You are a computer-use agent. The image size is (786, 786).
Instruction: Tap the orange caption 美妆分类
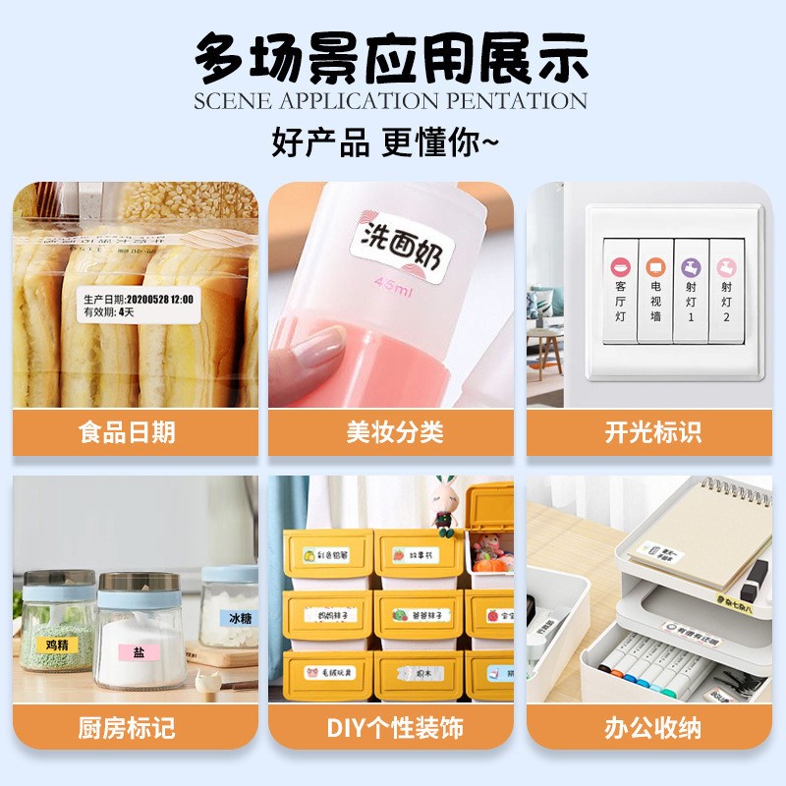pyautogui.click(x=393, y=432)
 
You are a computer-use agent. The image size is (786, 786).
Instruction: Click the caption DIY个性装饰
pyautogui.click(x=393, y=728)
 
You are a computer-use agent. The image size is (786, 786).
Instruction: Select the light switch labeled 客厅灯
pyautogui.click(x=621, y=290)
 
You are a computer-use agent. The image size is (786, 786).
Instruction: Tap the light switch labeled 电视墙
pyautogui.click(x=655, y=290)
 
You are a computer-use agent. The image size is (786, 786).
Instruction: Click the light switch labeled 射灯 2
pyautogui.click(x=726, y=290)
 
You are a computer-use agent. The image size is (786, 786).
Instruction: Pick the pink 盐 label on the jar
pyautogui.click(x=139, y=651)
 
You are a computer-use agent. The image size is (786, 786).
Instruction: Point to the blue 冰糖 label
pyautogui.click(x=240, y=619)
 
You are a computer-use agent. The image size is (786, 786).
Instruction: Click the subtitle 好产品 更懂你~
pyautogui.click(x=385, y=142)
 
